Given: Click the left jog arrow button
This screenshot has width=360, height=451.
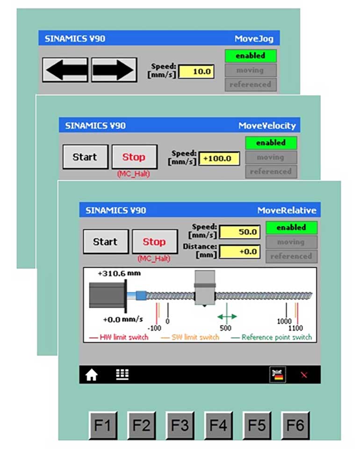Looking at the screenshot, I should point(65,70).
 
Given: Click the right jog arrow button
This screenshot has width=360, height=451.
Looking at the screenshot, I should point(114,70).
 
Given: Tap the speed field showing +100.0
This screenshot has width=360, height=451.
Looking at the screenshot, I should point(219,159).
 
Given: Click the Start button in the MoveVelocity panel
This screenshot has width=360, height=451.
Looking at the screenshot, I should point(85,157).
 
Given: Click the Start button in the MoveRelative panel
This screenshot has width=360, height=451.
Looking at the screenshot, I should point(105,242).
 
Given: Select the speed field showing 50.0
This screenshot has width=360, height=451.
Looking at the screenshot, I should point(240,232).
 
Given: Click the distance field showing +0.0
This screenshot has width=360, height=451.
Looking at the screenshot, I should point(240,252).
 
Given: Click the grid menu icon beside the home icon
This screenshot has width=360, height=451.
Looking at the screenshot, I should point(122,374).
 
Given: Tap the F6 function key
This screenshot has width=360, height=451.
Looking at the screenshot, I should point(295,425).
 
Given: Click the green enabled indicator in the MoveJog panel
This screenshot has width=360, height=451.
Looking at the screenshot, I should point(250,56).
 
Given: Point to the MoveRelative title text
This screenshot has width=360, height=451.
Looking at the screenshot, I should point(287,211).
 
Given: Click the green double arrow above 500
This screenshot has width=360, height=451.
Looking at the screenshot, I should point(227,316).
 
